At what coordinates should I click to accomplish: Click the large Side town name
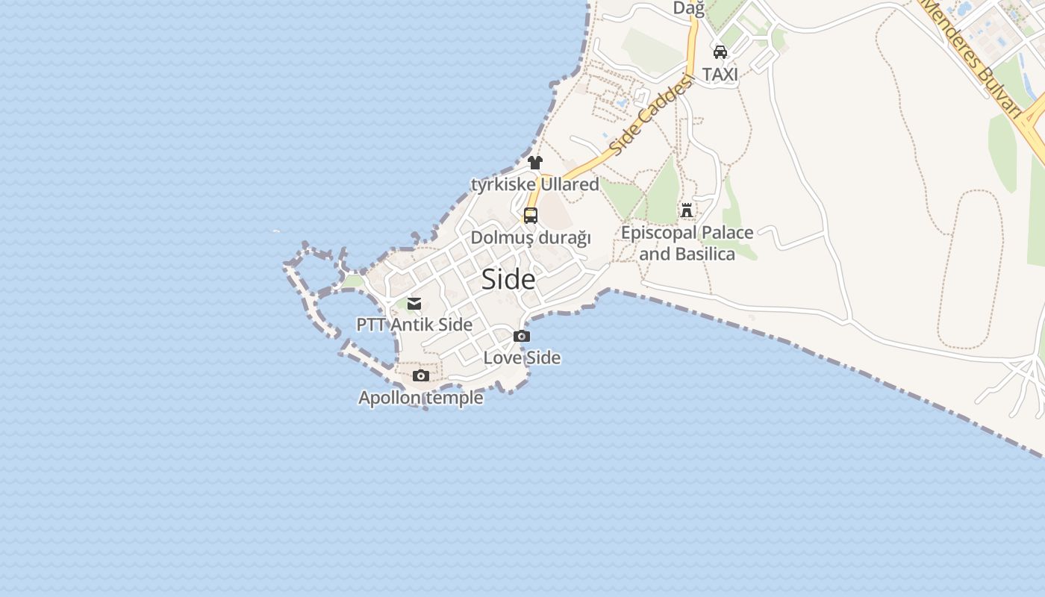[x=508, y=279]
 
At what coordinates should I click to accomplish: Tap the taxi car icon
[x=720, y=51]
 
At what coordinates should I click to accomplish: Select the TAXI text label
[x=720, y=74]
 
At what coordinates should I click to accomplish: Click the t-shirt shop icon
[x=535, y=163]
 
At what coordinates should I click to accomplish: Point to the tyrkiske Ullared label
[x=535, y=184]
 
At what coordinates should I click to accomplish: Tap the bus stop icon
[x=531, y=216]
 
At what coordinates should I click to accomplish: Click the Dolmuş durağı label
[x=531, y=237]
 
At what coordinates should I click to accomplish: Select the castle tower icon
[x=687, y=210]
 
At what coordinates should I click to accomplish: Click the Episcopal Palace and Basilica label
[x=687, y=243]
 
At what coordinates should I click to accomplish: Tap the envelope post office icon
[x=414, y=304]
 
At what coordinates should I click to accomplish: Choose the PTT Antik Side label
[x=414, y=325]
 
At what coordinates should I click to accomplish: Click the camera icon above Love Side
[x=522, y=337]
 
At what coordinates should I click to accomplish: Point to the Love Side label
[x=522, y=357]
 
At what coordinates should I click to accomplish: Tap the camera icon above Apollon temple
[x=421, y=375]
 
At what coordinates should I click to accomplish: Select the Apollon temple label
[x=421, y=398]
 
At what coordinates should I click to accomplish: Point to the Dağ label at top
[x=688, y=8]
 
